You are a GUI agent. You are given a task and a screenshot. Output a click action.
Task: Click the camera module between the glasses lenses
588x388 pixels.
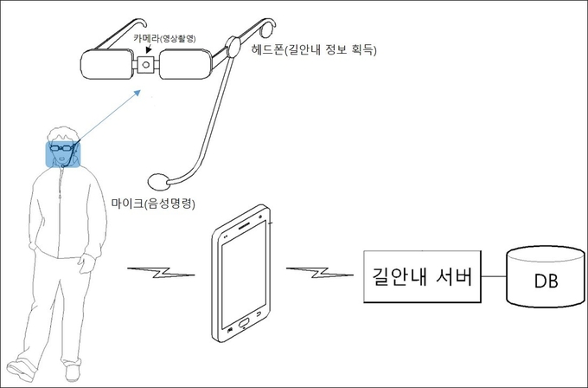[x=146, y=65]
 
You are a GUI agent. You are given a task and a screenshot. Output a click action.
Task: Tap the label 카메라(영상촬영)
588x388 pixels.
[x=164, y=38]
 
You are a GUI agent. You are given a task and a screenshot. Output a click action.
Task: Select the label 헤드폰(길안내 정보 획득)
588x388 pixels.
[x=314, y=49]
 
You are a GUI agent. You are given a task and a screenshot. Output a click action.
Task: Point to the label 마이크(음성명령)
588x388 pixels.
[x=153, y=204]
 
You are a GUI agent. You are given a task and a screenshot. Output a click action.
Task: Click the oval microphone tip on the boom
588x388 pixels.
[x=158, y=181]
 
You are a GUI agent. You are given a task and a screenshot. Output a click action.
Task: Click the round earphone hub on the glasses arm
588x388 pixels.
[x=233, y=47]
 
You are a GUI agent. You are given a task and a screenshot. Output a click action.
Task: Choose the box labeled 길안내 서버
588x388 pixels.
[x=422, y=276]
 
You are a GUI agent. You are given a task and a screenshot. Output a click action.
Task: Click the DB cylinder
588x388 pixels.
[x=546, y=277]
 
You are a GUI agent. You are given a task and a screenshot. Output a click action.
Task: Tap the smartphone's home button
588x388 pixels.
[x=243, y=322]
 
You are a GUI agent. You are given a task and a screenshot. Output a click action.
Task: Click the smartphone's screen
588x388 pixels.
[x=244, y=275]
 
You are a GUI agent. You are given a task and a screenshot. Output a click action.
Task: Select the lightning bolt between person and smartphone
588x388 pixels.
[x=161, y=273]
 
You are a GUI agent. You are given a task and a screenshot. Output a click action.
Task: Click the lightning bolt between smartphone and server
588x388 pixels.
[x=319, y=273]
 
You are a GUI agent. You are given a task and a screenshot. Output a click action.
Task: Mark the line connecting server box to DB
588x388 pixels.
[x=494, y=277]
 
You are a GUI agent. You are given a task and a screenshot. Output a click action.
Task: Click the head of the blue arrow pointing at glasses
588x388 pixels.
[x=137, y=94]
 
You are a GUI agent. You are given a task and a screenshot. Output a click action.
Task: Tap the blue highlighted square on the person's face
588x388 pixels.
[x=63, y=154]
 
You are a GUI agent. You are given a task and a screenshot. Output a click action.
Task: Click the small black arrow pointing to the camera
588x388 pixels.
[x=149, y=48]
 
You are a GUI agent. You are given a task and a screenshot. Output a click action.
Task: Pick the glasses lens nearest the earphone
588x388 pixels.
[x=185, y=64]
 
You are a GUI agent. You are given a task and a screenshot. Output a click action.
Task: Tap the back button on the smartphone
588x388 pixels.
[x=259, y=314]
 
